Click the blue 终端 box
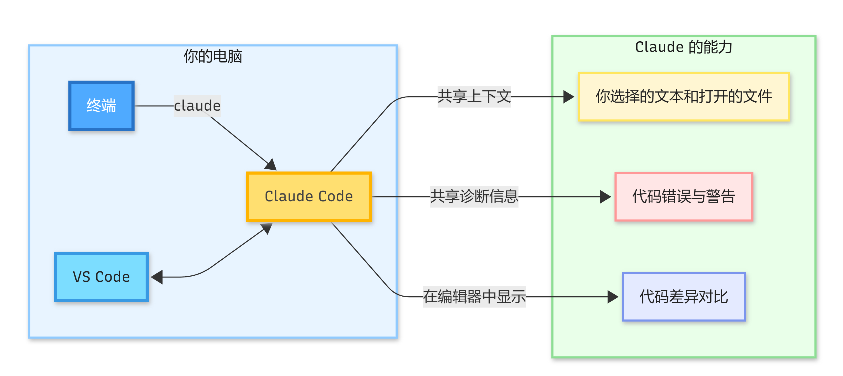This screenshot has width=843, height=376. pos(101,106)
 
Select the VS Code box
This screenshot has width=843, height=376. pos(101,277)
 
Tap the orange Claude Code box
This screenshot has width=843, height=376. pos(309,196)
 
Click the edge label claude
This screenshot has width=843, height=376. pos(197,106)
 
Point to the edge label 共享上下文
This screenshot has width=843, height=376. pos(474,97)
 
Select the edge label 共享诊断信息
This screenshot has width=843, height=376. pos(474,196)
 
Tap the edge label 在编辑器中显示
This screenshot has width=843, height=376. pos(474,297)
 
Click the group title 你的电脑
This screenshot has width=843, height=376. pos(212,56)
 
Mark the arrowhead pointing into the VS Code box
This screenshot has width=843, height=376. pos(157,277)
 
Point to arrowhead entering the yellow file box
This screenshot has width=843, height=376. pos(568,97)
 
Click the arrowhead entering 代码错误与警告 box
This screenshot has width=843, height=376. pos(605,197)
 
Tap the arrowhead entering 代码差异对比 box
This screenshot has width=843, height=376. pos(612,297)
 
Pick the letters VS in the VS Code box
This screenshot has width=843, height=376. pos(81,277)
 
